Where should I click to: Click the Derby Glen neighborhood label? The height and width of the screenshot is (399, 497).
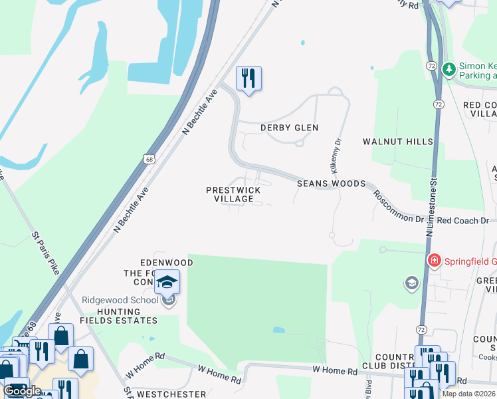[289, 128]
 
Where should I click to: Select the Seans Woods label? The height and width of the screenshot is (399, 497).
[331, 184]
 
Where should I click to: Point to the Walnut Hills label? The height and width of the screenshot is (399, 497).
[398, 142]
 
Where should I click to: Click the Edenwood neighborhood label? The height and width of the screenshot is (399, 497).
[166, 263]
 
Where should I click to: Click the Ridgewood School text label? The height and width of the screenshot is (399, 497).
[120, 300]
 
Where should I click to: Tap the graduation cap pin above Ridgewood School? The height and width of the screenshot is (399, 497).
[167, 281]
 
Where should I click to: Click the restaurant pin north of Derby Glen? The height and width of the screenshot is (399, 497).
[248, 78]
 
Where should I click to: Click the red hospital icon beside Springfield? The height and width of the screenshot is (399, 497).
[435, 260]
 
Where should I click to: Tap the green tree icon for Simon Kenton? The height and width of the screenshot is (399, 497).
[448, 68]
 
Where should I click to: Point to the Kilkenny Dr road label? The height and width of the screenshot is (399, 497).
[336, 154]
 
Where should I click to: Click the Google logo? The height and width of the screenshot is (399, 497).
[23, 391]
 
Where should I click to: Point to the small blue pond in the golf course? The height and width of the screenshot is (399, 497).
[279, 330]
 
